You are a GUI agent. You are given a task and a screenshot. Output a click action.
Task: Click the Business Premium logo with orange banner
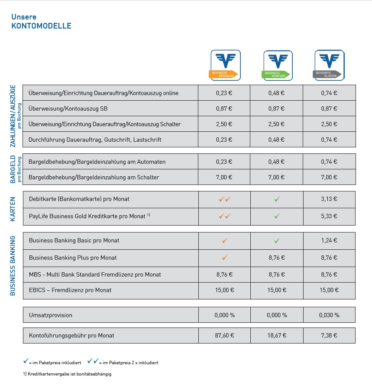coord(225,65)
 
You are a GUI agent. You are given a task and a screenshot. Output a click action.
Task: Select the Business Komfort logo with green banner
coord(278,66)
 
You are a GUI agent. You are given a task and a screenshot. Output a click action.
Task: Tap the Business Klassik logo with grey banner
coord(329,65)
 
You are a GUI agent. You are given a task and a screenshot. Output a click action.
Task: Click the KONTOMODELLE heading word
coord(41,26)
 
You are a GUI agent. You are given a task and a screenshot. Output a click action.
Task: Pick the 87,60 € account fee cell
coord(224,335)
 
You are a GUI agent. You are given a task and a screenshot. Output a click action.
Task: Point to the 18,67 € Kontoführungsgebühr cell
coord(277,335)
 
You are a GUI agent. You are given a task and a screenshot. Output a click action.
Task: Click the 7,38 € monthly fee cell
coord(329,335)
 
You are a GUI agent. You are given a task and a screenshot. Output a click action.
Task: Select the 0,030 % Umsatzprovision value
coord(329,315)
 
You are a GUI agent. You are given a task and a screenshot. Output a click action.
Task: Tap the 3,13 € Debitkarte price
coord(329,199)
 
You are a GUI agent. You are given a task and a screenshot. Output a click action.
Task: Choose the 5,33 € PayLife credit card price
coord(329,216)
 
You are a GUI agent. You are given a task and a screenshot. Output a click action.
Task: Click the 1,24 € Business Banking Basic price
coord(329,240)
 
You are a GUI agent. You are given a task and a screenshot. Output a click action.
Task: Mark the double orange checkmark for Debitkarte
coord(225,199)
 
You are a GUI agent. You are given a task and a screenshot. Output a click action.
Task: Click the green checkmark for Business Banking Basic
coord(277,241)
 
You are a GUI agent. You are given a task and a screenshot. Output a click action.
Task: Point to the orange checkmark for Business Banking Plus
coord(225,258)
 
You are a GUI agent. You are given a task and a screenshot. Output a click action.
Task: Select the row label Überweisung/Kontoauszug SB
coord(68,108)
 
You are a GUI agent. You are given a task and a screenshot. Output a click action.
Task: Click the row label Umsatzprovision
coord(50,315)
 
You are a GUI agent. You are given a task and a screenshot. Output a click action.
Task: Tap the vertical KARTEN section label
coord(13,209)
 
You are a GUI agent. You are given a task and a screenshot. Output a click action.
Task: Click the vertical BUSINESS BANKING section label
coord(13,266)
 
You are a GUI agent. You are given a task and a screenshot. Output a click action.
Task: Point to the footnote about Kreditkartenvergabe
coord(67,374)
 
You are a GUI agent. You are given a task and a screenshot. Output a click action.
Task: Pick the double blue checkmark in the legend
coord(93,361)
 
